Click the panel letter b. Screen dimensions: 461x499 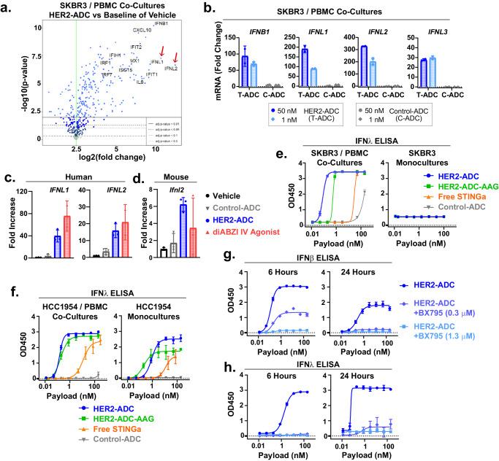click(x=209, y=7)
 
